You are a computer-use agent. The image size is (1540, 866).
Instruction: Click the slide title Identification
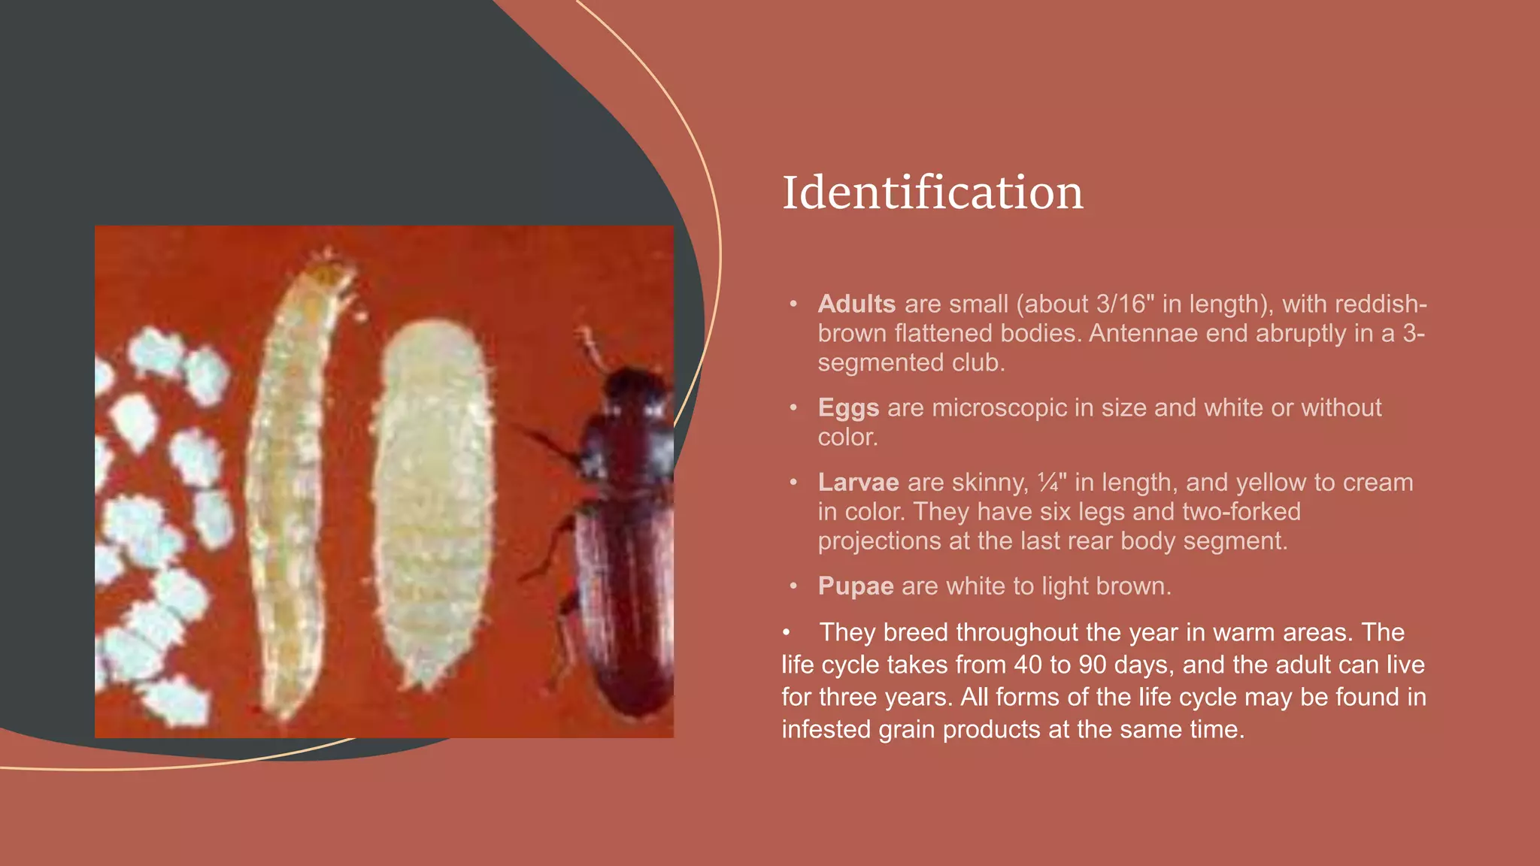point(932,192)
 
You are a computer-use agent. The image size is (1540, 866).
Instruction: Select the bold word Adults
point(856,304)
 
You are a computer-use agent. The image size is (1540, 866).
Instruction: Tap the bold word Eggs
point(848,407)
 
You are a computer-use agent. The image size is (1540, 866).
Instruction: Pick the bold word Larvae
point(858,482)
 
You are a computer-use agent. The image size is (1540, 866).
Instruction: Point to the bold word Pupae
point(856,586)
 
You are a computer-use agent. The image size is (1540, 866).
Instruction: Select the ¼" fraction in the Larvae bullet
point(1051,482)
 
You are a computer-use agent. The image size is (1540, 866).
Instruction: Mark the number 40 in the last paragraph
point(1029,665)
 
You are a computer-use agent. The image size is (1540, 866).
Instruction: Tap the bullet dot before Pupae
point(793,586)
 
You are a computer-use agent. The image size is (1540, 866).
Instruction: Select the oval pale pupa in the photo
point(433,504)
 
